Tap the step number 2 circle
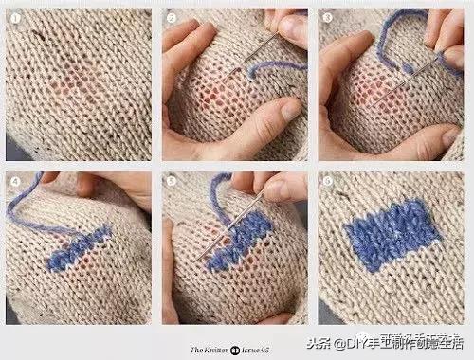coord(171,17)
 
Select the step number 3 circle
coord(327,17)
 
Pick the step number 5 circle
coord(171,179)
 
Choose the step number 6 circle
coord(327,179)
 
